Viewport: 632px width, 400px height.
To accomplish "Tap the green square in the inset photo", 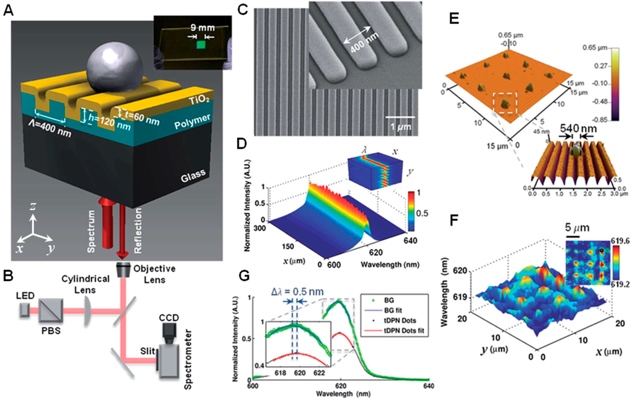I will point(199,45).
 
